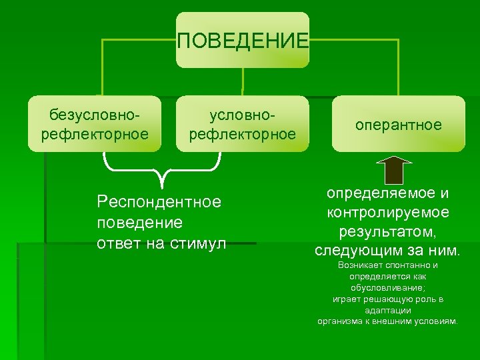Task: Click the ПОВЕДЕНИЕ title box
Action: click(x=243, y=40)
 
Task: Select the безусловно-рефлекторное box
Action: click(x=95, y=124)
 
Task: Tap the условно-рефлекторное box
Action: click(x=243, y=124)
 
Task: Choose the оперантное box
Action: click(x=398, y=124)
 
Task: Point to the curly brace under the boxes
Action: click(x=161, y=169)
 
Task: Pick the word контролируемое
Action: click(x=387, y=213)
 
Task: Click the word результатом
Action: click(x=387, y=232)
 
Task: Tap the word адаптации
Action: click(x=387, y=310)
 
